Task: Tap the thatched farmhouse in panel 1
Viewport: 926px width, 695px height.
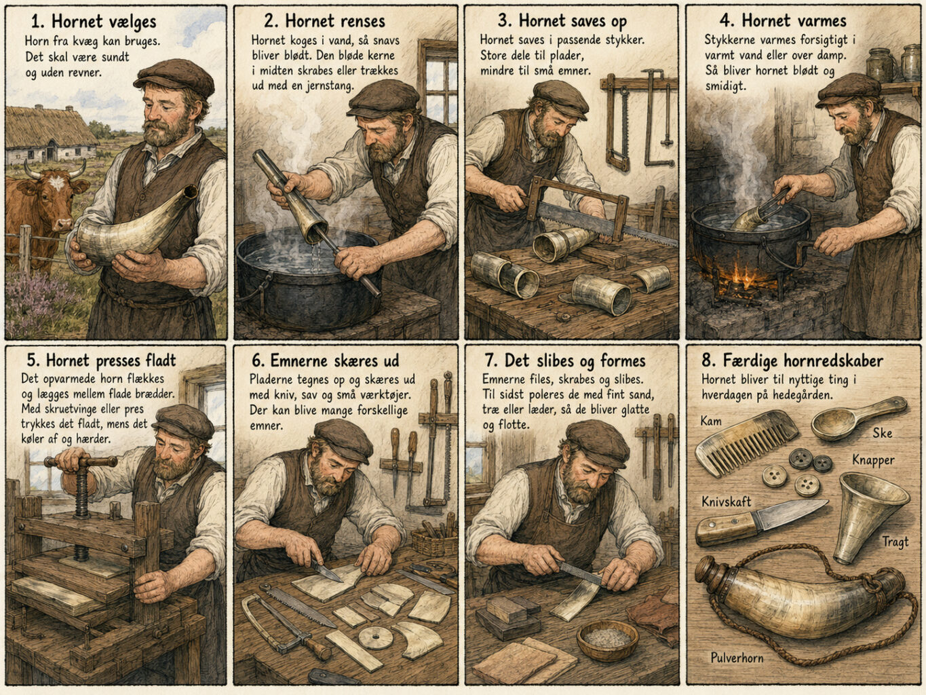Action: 49,135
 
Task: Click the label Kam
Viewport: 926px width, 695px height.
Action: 711,421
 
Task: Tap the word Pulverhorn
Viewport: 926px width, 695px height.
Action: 737,658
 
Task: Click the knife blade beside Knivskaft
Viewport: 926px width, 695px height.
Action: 788,513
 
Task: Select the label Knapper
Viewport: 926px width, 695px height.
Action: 873,460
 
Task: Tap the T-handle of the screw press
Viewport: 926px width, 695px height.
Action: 81,462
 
